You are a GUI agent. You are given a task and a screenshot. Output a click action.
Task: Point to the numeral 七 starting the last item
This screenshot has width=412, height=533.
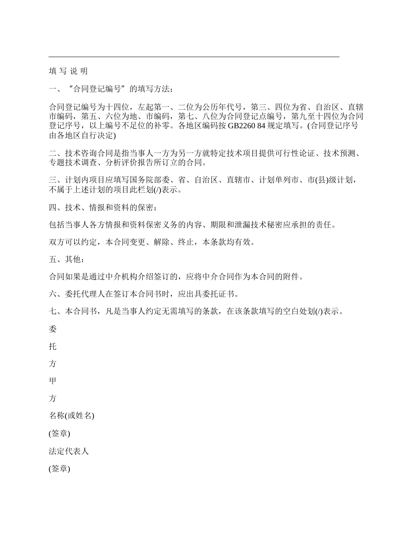tap(52, 312)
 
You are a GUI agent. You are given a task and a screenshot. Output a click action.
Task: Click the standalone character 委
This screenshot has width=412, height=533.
tap(52, 329)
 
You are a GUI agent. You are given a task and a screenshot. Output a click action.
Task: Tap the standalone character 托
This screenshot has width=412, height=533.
tap(52, 347)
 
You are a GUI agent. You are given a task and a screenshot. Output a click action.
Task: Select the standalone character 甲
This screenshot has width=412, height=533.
tap(52, 381)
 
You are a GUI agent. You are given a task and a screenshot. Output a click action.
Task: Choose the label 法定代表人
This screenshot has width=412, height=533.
tap(69, 452)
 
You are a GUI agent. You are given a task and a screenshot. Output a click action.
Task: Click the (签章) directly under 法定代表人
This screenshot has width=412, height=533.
tap(59, 469)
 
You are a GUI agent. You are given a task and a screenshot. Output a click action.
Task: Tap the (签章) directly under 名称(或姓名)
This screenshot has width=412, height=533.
tap(59, 434)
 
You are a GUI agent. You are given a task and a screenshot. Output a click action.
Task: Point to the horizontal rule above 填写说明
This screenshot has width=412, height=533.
tap(194, 57)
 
